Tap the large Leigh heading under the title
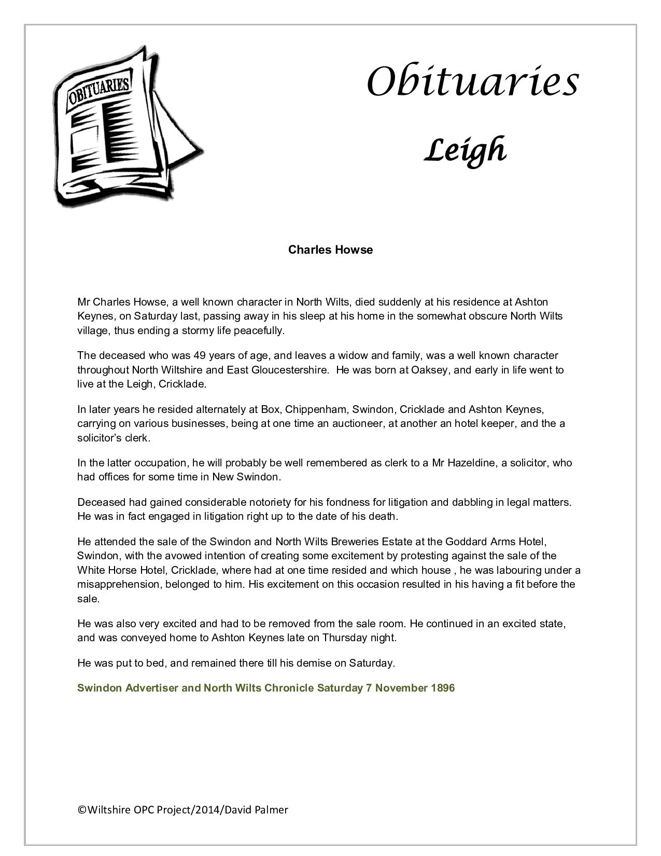tap(465, 150)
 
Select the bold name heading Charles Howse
tap(330, 250)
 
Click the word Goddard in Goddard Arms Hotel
tap(466, 542)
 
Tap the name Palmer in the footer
tap(272, 810)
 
